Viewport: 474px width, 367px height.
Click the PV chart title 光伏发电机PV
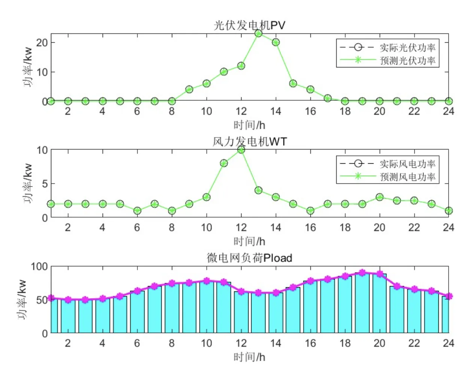(249, 25)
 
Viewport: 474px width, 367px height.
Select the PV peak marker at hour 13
(258, 33)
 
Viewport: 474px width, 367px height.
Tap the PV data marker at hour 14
(276, 42)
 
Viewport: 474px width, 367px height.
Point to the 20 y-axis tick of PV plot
(42, 42)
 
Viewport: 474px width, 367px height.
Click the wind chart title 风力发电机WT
(249, 142)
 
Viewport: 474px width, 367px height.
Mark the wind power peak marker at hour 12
(241, 150)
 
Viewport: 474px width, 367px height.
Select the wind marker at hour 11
(224, 163)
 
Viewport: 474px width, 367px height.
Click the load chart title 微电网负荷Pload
(249, 258)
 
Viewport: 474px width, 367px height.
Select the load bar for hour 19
(362, 303)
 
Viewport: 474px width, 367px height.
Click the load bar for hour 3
(85, 316)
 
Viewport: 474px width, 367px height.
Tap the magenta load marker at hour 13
(258, 293)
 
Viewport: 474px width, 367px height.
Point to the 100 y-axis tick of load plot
(39, 267)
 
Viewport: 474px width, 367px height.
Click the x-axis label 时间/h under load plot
(249, 357)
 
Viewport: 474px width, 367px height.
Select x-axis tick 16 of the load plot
(310, 343)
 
